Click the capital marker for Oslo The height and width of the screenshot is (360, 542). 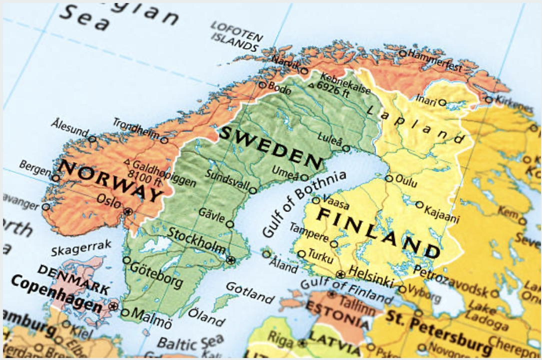pos(128,211)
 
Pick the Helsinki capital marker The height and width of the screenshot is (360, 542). pos(340,274)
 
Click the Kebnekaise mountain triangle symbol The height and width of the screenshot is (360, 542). pos(311,85)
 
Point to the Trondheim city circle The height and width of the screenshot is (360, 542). pos(164,140)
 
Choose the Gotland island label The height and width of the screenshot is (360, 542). pos(249,293)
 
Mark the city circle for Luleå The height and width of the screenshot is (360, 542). pos(346,148)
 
